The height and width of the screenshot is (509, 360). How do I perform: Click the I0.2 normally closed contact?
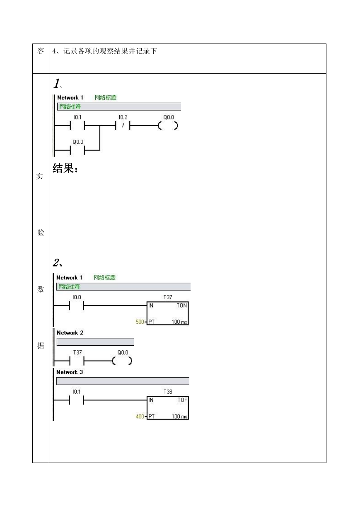tap(123, 126)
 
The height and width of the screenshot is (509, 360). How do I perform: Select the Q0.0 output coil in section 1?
tap(168, 126)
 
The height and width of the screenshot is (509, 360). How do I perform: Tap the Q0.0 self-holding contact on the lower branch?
tap(77, 150)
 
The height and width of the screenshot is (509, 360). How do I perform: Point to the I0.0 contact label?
tap(77, 297)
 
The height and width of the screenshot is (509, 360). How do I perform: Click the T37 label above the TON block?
tap(168, 297)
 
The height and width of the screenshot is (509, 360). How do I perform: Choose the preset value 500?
tap(140, 322)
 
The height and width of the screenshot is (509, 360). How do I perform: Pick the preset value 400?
tap(140, 416)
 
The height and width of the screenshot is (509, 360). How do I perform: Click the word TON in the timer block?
tap(182, 305)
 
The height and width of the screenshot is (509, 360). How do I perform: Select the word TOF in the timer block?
tap(182, 400)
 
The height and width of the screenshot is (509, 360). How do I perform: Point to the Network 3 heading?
tap(70, 372)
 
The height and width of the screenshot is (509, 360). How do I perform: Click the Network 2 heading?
tap(70, 333)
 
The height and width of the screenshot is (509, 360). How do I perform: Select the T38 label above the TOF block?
tap(168, 392)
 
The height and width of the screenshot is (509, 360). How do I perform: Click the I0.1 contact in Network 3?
tap(77, 400)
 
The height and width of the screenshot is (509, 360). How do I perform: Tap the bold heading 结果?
tap(65, 168)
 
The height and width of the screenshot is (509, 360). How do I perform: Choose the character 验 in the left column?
tap(41, 233)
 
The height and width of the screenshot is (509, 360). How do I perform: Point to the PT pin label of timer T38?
tap(151, 416)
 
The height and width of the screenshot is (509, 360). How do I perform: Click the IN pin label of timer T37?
tap(151, 305)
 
